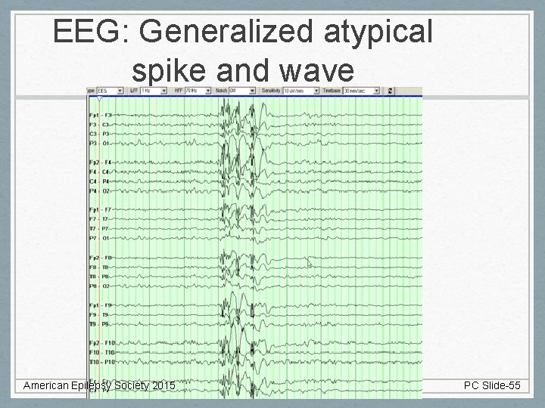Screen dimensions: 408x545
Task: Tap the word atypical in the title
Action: (386, 32)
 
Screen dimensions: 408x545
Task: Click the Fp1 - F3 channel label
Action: (100, 115)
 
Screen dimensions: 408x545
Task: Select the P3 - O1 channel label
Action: (100, 143)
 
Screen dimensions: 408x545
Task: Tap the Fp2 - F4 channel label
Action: (100, 162)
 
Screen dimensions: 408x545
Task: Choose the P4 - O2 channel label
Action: (100, 190)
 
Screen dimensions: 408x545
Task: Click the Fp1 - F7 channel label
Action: (100, 209)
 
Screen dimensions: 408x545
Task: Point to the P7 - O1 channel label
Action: (100, 238)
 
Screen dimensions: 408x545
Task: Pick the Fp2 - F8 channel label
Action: (100, 258)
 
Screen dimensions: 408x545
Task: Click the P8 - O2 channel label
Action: (100, 286)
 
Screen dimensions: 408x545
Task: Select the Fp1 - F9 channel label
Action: (100, 305)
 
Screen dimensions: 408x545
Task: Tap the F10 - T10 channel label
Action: (100, 352)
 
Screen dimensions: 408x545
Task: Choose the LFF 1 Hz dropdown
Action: (151, 91)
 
